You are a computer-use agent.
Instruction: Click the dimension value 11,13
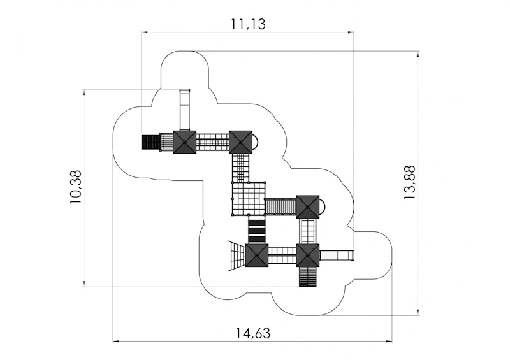click(x=248, y=24)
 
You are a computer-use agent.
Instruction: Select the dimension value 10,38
click(x=75, y=187)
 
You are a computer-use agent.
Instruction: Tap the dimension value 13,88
click(x=409, y=182)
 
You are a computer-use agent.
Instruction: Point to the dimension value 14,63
click(x=253, y=333)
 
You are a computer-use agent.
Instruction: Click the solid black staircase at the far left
click(x=150, y=142)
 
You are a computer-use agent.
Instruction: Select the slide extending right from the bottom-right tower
click(x=337, y=255)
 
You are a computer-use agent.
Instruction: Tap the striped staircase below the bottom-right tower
click(x=308, y=277)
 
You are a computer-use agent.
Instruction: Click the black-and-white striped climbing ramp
click(x=257, y=229)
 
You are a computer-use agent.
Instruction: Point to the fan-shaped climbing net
click(x=237, y=256)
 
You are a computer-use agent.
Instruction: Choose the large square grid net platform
click(x=249, y=198)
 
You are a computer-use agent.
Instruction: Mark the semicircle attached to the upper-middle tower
click(x=256, y=142)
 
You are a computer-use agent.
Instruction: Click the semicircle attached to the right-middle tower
click(x=323, y=206)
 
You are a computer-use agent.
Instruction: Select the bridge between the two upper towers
click(x=213, y=142)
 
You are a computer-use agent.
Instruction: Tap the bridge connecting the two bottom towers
click(x=282, y=256)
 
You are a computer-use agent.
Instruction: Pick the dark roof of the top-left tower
click(x=185, y=142)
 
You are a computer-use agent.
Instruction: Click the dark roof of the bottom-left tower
click(x=257, y=256)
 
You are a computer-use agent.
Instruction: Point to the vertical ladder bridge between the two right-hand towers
click(x=308, y=231)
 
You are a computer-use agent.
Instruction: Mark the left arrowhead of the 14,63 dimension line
click(x=115, y=342)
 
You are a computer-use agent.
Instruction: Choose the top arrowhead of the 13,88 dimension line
click(x=418, y=54)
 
